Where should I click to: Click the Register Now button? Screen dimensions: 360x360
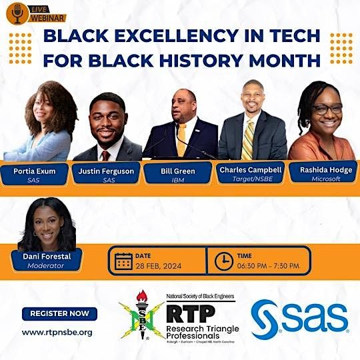click(x=59, y=313)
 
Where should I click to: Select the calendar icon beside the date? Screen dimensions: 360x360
click(x=123, y=261)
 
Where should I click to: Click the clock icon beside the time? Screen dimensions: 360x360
click(x=224, y=261)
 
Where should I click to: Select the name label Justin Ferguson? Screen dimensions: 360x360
click(x=107, y=171)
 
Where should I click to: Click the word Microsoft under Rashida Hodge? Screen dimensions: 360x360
click(x=325, y=179)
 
